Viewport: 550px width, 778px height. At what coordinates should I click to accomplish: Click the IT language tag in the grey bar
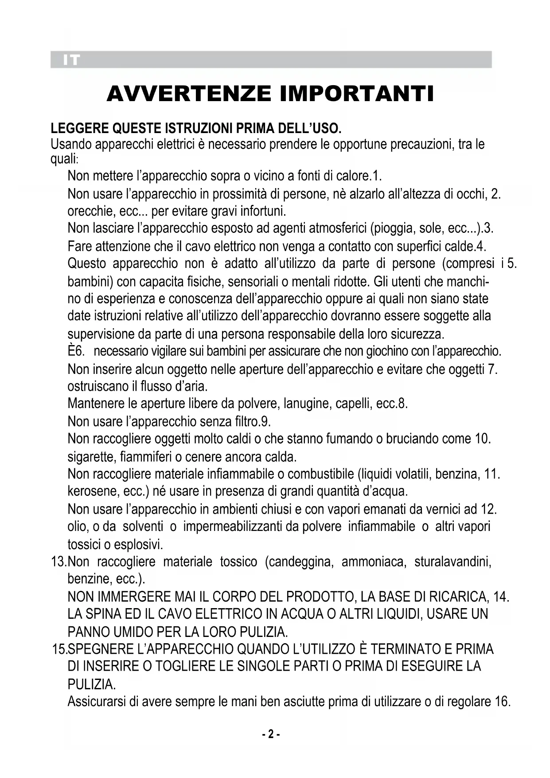[x=71, y=60]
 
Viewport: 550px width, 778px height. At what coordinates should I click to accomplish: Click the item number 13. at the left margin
[x=59, y=562]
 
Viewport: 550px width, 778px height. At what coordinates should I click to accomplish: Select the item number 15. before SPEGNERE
[x=59, y=649]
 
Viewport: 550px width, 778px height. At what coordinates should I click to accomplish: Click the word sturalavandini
[x=453, y=562]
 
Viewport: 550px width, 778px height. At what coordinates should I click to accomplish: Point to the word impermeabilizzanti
[x=233, y=527]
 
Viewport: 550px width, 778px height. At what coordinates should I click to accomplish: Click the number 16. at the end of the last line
[x=503, y=702]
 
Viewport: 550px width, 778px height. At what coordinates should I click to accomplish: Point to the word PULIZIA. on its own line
[x=91, y=684]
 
